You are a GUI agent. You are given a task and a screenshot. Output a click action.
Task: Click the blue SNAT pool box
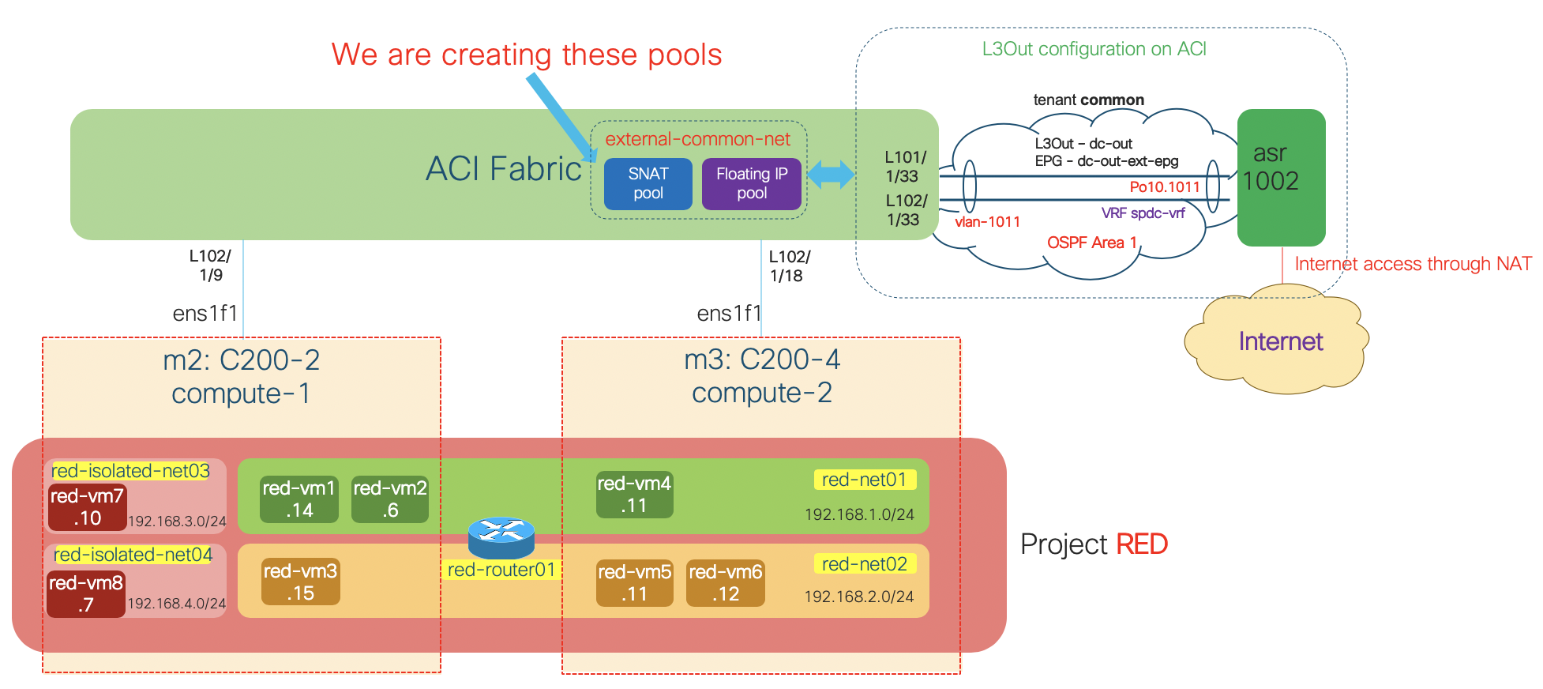(x=648, y=183)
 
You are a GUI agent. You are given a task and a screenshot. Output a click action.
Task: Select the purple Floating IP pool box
(x=751, y=183)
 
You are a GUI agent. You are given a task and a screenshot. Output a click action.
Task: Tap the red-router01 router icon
(x=501, y=537)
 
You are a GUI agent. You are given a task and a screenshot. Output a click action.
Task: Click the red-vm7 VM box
(x=87, y=506)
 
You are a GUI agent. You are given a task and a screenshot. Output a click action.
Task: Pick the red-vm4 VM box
(x=634, y=494)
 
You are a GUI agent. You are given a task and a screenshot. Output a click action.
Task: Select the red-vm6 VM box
(x=725, y=582)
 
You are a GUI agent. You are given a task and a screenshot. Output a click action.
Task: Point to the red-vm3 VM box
(x=300, y=582)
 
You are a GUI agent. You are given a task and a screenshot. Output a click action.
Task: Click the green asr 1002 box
(x=1280, y=177)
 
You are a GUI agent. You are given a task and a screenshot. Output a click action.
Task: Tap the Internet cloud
(x=1279, y=341)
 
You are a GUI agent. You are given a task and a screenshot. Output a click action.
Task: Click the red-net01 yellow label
(x=864, y=480)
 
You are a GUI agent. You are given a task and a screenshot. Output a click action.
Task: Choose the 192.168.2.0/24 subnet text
(x=858, y=597)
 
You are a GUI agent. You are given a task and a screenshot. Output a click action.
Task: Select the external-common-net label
(x=697, y=139)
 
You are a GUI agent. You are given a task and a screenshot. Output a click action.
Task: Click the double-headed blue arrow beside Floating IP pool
(x=831, y=175)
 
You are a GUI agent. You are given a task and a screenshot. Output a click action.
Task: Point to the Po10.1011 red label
(x=1164, y=187)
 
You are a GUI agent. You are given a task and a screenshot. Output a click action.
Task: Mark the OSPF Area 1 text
(x=1091, y=243)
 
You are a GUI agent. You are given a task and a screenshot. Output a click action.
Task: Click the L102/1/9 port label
(x=210, y=265)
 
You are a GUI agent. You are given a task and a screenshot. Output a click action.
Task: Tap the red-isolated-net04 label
(x=133, y=555)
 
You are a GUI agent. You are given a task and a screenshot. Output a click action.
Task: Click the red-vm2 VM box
(x=389, y=499)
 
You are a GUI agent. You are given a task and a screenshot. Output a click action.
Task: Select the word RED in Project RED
(x=1141, y=544)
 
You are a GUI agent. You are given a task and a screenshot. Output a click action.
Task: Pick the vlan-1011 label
(x=987, y=222)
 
